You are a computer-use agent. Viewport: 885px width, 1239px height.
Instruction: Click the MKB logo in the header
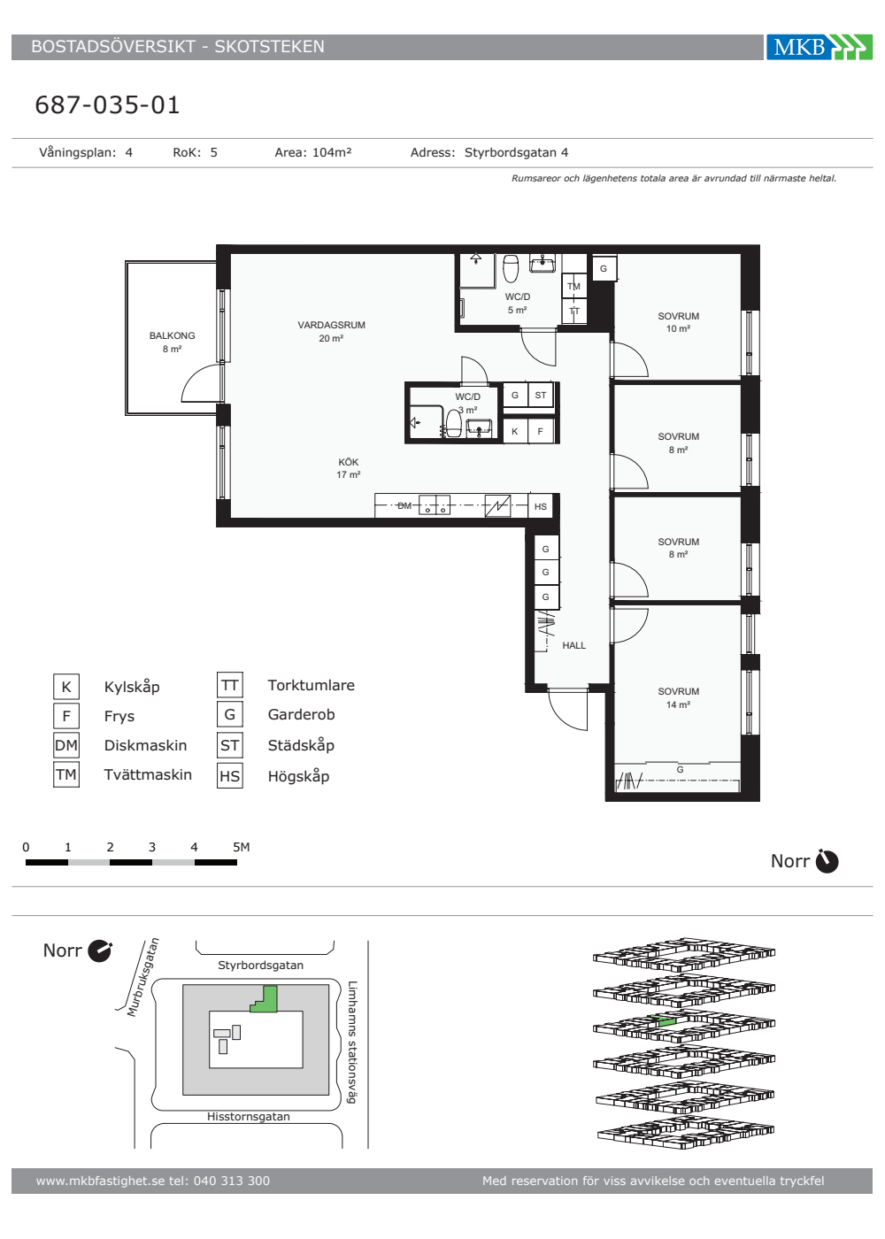tap(820, 47)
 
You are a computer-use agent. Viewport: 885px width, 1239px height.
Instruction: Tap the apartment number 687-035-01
tap(107, 105)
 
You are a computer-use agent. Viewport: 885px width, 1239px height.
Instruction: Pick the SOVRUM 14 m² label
tap(678, 698)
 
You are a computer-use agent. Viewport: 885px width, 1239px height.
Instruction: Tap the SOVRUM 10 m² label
tap(678, 322)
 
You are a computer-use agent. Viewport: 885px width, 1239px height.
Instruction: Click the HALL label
tap(574, 645)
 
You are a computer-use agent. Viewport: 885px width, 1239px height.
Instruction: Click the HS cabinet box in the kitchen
tap(541, 506)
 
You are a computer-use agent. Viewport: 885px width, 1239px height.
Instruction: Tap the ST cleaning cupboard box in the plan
tap(541, 396)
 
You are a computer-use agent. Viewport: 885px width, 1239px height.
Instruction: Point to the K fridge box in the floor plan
tap(515, 432)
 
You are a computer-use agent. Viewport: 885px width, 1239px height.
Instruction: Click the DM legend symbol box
tap(66, 745)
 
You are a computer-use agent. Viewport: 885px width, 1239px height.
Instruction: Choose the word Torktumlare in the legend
tap(311, 685)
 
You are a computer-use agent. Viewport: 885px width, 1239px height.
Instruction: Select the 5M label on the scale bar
tap(241, 847)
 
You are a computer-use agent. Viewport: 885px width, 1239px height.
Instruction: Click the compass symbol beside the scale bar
tap(827, 861)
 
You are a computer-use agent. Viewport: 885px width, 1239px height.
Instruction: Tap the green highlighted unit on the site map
tap(265, 1001)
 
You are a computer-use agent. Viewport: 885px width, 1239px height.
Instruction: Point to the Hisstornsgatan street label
tap(249, 1116)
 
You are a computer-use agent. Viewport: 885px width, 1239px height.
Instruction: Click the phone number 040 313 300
tap(232, 1181)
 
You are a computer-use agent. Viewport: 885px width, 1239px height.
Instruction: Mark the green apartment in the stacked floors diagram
tap(666, 1021)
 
